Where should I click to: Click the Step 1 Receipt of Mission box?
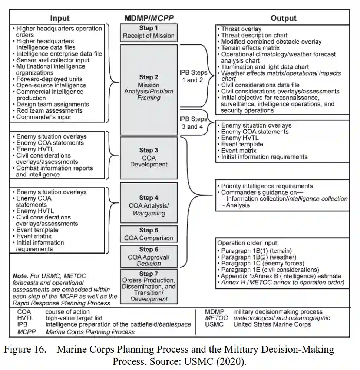tap(149, 33)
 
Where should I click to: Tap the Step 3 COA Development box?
tap(149, 157)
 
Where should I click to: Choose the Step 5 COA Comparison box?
tap(149, 234)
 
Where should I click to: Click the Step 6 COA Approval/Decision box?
tap(149, 256)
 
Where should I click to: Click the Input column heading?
tap(60, 18)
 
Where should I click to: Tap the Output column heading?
tap(283, 18)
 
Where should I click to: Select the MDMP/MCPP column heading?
tap(149, 18)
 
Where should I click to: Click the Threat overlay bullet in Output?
tap(241, 29)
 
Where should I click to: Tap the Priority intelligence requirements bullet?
tap(267, 186)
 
